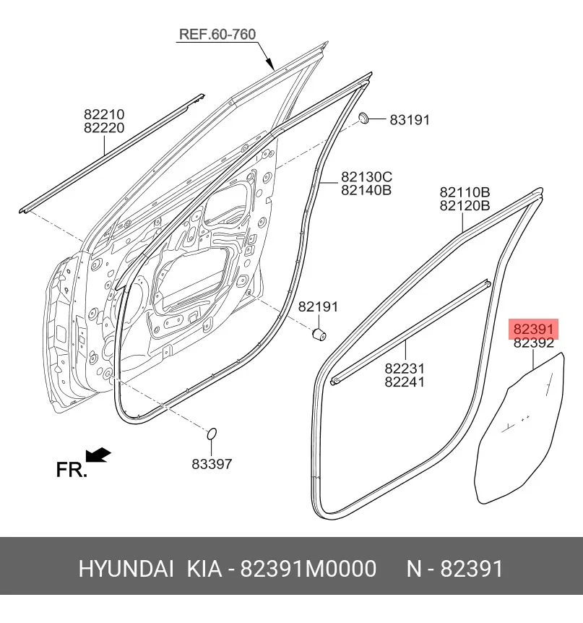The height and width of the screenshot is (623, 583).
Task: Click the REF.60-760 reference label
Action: tap(217, 34)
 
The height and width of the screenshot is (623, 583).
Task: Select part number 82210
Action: tap(104, 114)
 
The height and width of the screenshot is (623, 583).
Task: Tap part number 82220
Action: tap(104, 128)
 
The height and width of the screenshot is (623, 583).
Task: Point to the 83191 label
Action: tap(410, 120)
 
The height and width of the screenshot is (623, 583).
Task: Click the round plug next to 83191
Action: tap(364, 118)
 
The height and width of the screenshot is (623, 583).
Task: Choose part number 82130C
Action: tap(366, 176)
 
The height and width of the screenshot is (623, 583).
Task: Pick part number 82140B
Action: tap(366, 190)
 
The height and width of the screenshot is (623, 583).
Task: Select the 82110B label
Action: tap(465, 192)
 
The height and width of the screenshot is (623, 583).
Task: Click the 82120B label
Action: tap(465, 206)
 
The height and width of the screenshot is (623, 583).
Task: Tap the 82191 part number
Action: tap(318, 306)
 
